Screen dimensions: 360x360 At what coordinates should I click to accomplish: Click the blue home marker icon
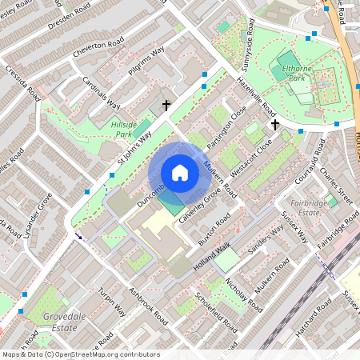[180, 173]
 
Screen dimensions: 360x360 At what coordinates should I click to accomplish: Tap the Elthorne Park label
[298, 74]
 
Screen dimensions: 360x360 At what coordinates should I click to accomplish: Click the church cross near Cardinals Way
[166, 105]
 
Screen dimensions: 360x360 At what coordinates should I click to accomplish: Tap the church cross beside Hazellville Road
[274, 124]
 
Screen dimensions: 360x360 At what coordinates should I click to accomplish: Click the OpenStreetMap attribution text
[81, 354]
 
